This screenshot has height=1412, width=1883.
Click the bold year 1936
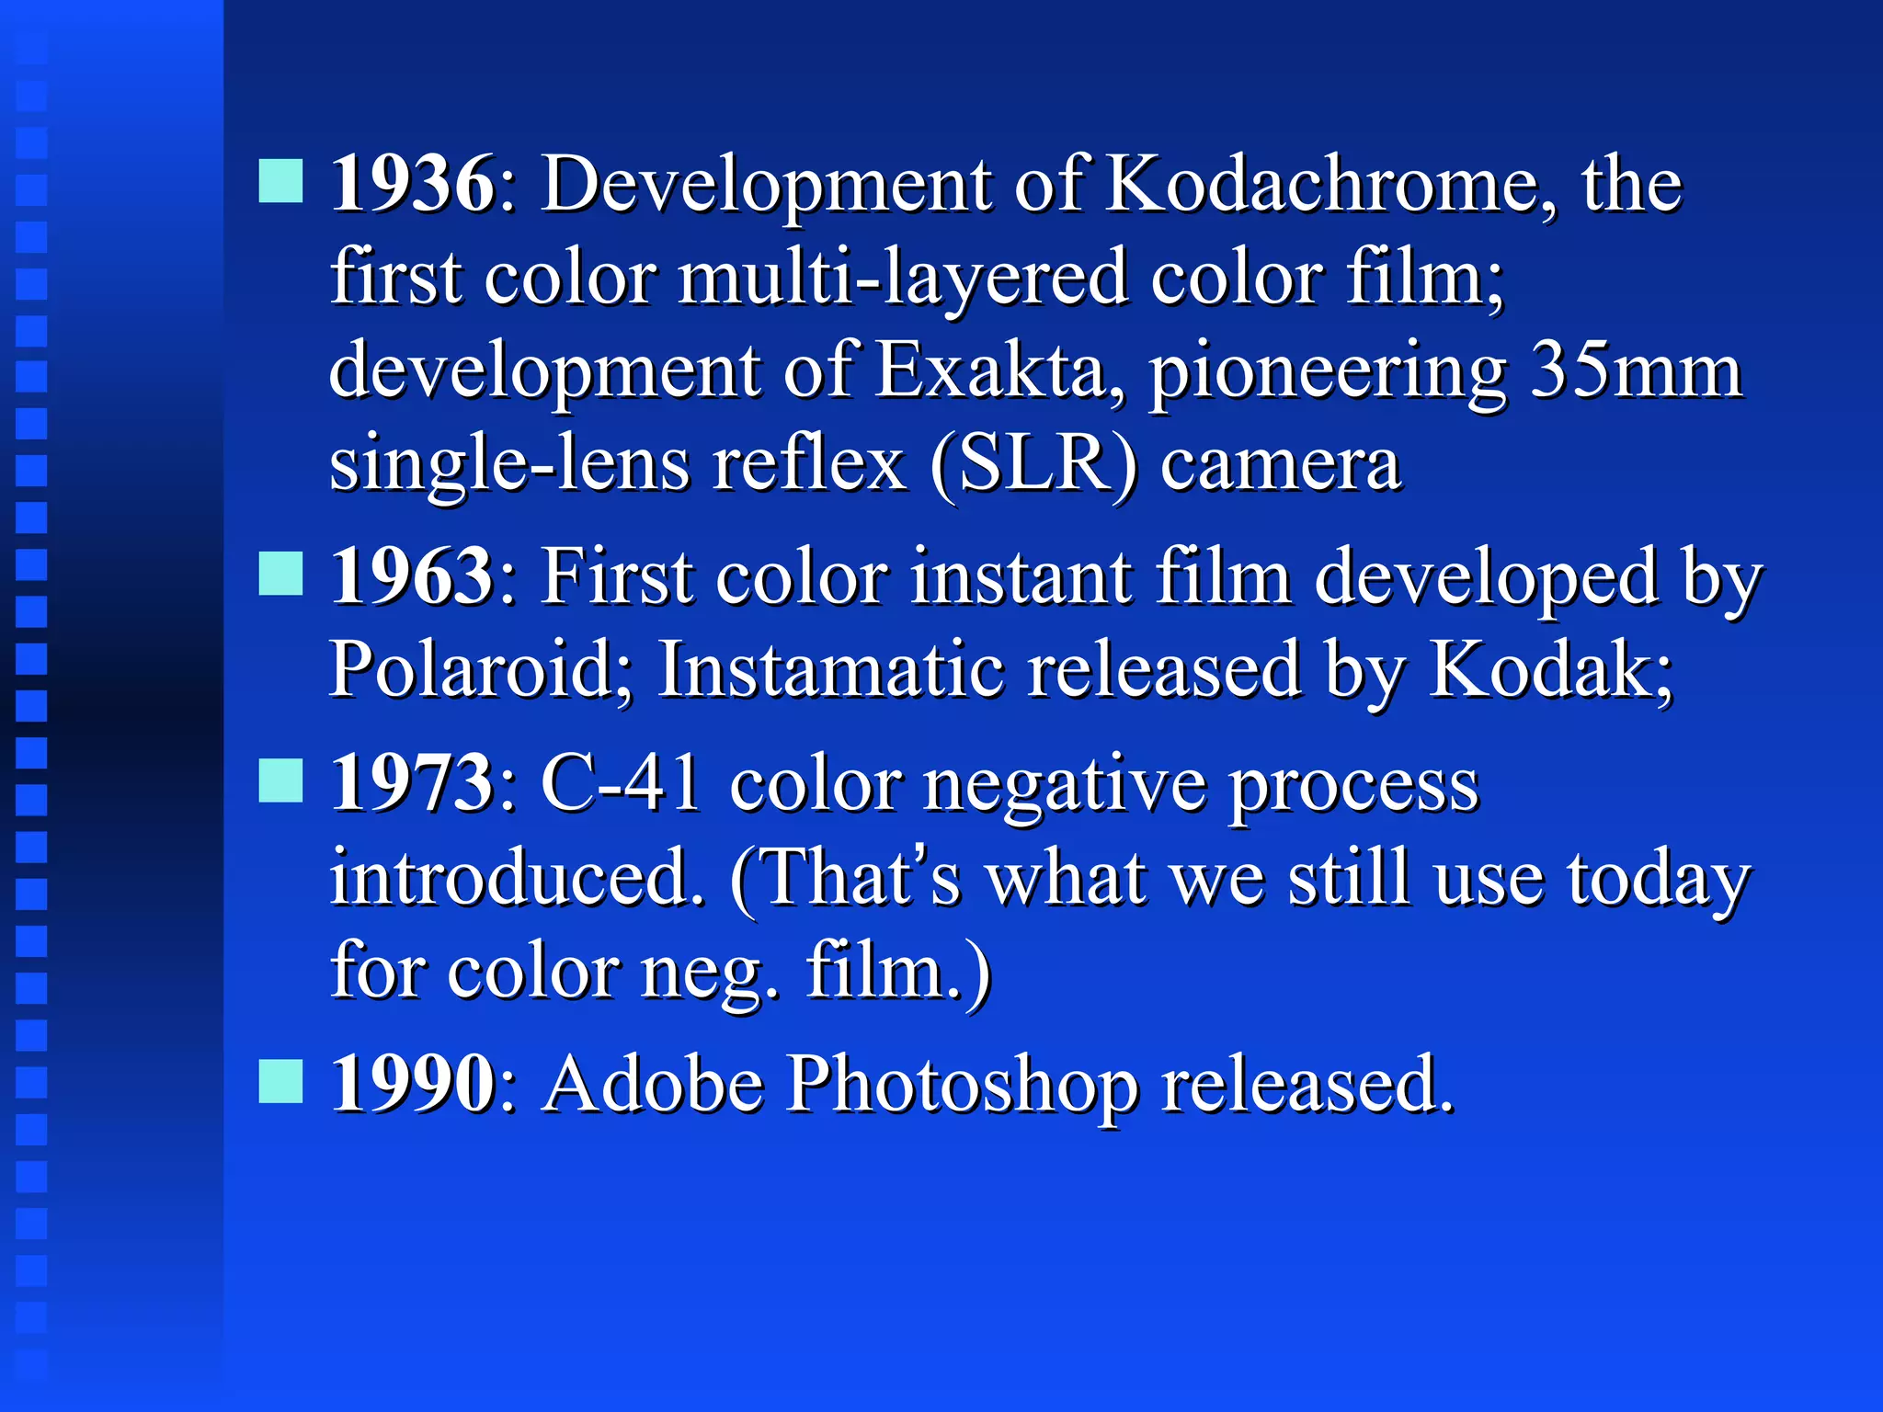pyautogui.click(x=412, y=184)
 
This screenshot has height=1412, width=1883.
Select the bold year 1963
pyautogui.click(x=412, y=576)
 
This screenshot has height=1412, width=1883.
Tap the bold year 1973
pyautogui.click(x=412, y=783)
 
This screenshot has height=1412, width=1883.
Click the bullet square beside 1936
pyautogui.click(x=280, y=180)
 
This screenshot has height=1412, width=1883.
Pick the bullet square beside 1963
pyautogui.click(x=280, y=574)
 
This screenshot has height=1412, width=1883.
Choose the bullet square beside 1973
pyautogui.click(x=280, y=780)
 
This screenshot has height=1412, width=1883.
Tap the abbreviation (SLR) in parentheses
pyautogui.click(x=1033, y=464)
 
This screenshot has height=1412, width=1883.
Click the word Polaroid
pyautogui.click(x=481, y=669)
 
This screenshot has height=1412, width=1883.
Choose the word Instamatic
pyautogui.click(x=830, y=669)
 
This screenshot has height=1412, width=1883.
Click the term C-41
pyautogui.click(x=622, y=783)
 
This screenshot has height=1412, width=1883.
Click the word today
pyautogui.click(x=1659, y=879)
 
